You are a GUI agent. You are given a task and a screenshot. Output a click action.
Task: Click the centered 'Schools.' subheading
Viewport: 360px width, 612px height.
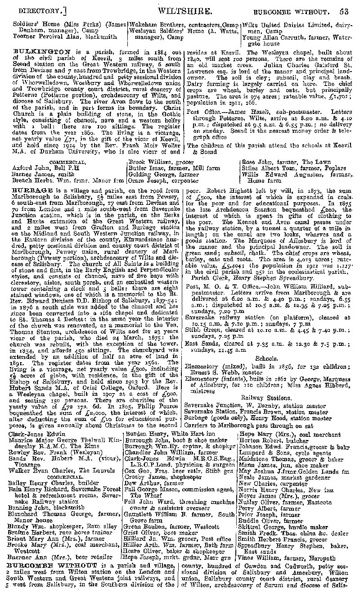(x=266, y=358)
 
